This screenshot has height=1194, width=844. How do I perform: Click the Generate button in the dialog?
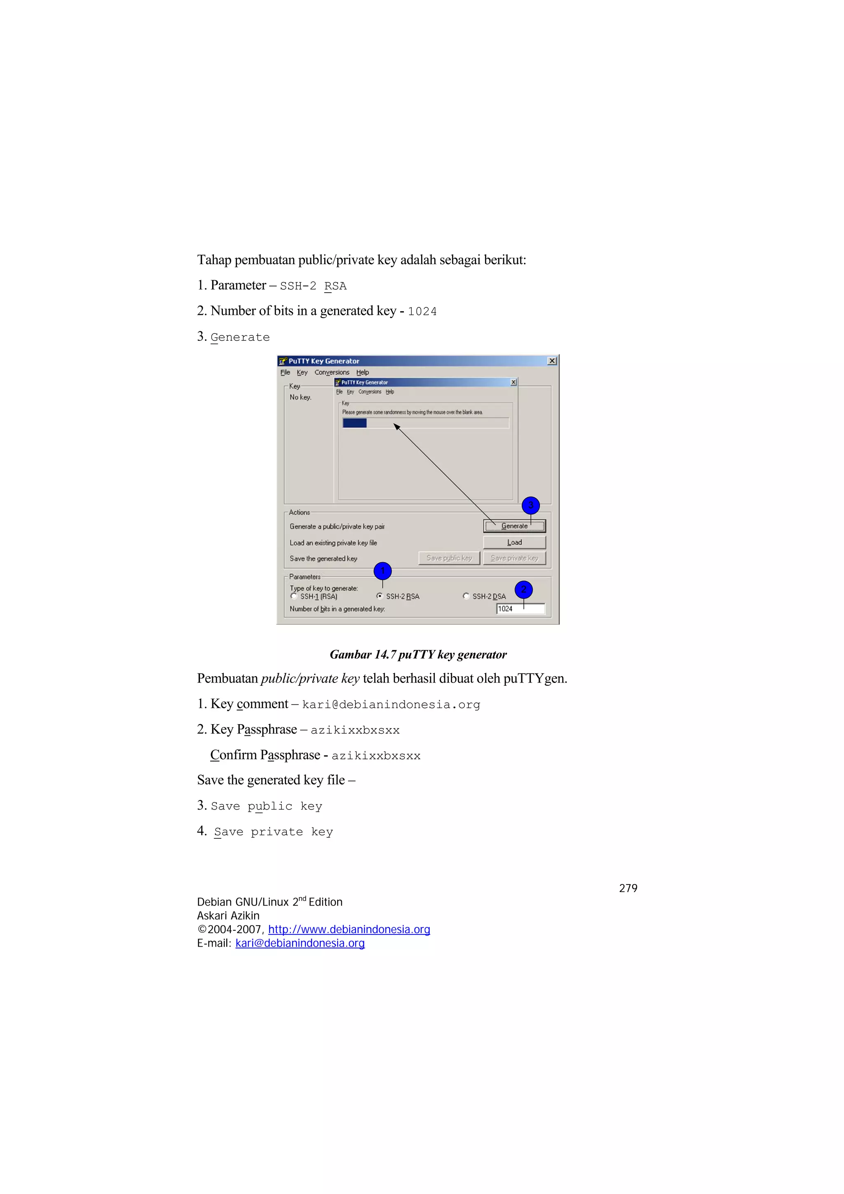click(514, 526)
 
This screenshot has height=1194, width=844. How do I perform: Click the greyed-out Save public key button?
click(449, 558)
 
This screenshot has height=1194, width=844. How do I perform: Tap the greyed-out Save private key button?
click(514, 558)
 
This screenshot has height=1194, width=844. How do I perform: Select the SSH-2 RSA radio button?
click(380, 596)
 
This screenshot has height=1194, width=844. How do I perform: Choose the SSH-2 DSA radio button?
click(466, 596)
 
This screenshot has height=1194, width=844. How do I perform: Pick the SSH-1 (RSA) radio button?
click(294, 596)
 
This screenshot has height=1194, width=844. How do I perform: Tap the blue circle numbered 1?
click(383, 571)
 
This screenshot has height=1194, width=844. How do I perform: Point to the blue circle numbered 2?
click(524, 589)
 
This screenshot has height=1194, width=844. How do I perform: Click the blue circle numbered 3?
click(530, 505)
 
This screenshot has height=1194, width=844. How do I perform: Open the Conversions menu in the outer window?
click(332, 372)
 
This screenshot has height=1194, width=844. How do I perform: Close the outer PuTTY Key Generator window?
click(552, 361)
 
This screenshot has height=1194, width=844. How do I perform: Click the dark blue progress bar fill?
click(355, 423)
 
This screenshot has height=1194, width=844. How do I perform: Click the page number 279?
click(628, 888)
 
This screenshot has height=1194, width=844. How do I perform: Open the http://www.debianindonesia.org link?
click(349, 929)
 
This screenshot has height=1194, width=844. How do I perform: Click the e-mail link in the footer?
click(300, 943)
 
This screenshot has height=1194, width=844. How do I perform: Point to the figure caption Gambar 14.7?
click(418, 655)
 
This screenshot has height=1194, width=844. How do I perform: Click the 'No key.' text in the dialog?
click(300, 397)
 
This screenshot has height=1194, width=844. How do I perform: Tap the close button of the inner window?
click(513, 382)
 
